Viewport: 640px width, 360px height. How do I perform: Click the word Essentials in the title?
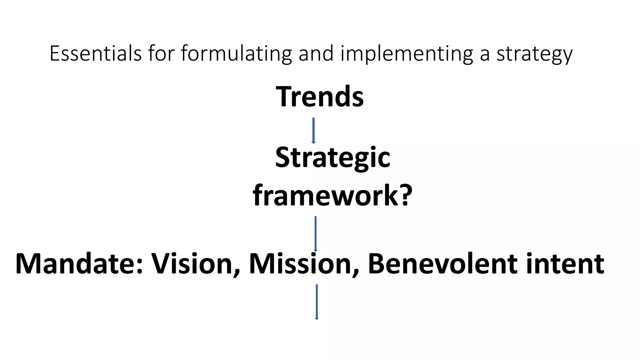[x=96, y=53]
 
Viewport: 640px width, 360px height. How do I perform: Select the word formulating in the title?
[x=236, y=54]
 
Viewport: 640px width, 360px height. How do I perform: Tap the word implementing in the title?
[x=407, y=54]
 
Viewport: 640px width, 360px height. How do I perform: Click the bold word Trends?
[x=320, y=97]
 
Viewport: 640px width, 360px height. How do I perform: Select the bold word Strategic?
[x=332, y=158]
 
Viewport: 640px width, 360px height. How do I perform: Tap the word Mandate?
[x=76, y=264]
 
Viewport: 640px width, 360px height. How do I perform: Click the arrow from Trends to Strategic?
[x=313, y=131]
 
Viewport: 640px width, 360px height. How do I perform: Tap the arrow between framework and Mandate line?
[x=316, y=233]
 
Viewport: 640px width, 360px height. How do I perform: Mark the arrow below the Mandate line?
[x=317, y=302]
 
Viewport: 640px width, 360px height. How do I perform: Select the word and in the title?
[x=316, y=53]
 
